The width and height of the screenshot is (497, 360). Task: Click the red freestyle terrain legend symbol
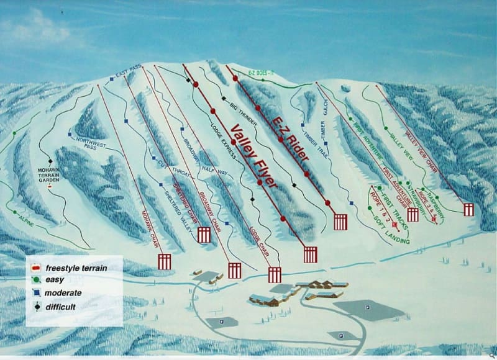click(36, 268)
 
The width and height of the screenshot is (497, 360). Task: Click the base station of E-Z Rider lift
click(340, 222)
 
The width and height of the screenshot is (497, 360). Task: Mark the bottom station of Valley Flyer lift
click(310, 254)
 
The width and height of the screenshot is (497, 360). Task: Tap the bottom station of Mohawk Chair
click(164, 261)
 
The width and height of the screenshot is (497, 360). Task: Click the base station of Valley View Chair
click(468, 209)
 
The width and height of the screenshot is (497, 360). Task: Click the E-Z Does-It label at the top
click(262, 73)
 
